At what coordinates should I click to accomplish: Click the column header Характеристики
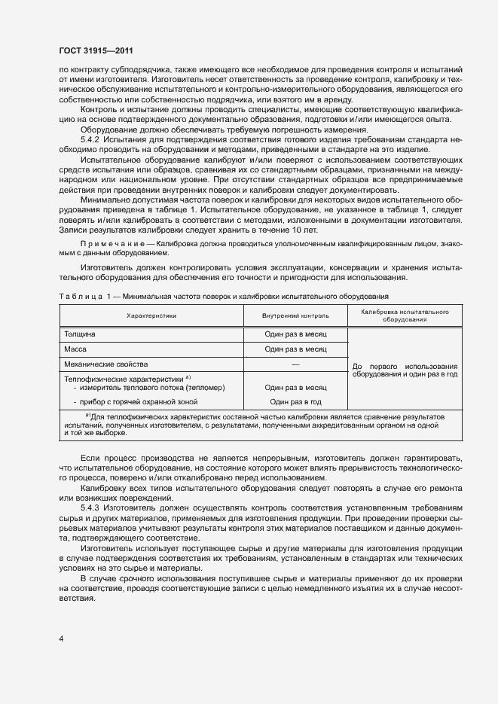tap(151, 316)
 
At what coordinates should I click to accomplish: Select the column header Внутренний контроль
tap(295, 316)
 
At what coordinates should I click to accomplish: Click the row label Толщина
tap(80, 334)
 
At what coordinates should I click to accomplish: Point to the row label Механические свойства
tap(101, 364)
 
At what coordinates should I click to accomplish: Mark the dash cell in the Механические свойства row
tap(295, 364)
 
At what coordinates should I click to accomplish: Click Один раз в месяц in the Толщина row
tap(295, 334)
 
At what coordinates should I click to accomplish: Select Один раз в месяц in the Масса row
tap(295, 349)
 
